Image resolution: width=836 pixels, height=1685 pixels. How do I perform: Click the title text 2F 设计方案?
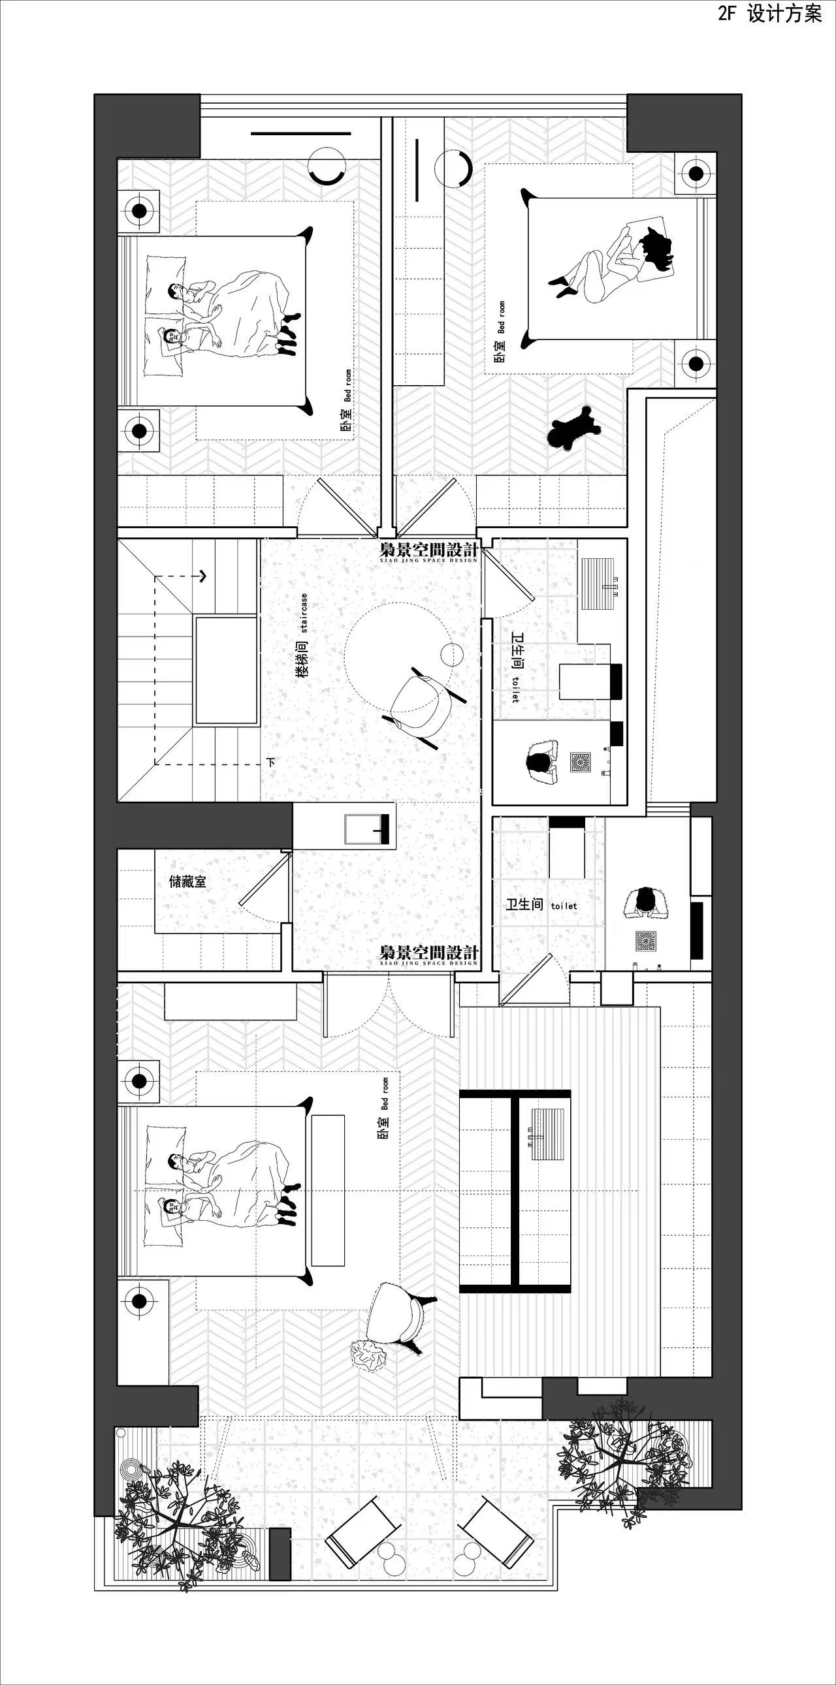click(769, 14)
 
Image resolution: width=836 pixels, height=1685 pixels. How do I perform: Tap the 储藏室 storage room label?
click(187, 882)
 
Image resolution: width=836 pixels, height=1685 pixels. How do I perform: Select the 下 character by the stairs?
click(271, 762)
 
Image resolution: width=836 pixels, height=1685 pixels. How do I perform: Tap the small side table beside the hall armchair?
click(451, 655)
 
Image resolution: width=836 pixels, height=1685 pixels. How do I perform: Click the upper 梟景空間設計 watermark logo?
click(429, 551)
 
